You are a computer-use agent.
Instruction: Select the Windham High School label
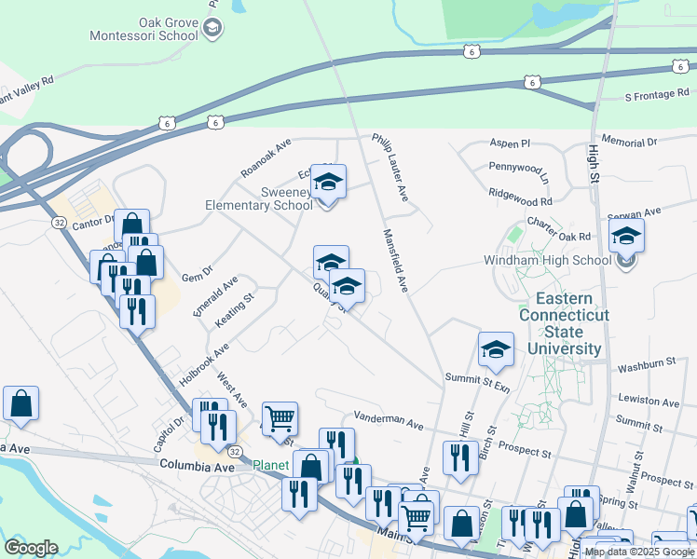tap(547, 261)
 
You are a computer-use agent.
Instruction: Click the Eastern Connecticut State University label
tap(564, 324)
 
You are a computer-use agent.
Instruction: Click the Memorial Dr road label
tap(629, 143)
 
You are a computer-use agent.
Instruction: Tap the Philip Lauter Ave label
tap(390, 167)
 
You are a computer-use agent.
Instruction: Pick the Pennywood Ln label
tap(519, 172)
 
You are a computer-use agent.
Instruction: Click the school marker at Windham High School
tap(627, 237)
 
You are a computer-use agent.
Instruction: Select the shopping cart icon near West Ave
tap(280, 419)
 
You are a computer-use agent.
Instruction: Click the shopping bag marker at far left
tap(21, 403)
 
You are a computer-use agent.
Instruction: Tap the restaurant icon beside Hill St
tap(460, 458)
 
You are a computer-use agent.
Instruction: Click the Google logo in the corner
tap(31, 548)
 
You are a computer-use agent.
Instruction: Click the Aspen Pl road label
tap(511, 144)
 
